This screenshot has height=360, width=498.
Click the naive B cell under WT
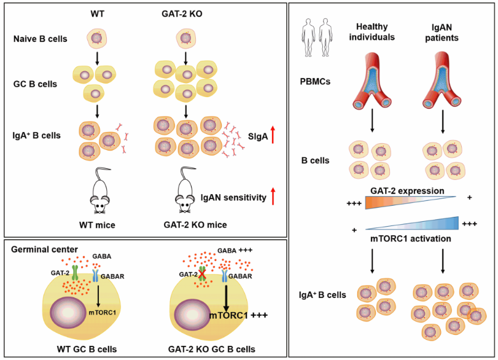tap(97, 38)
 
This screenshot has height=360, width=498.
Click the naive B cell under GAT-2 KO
tap(185, 39)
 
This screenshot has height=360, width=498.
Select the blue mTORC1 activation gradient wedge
tap(424, 222)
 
